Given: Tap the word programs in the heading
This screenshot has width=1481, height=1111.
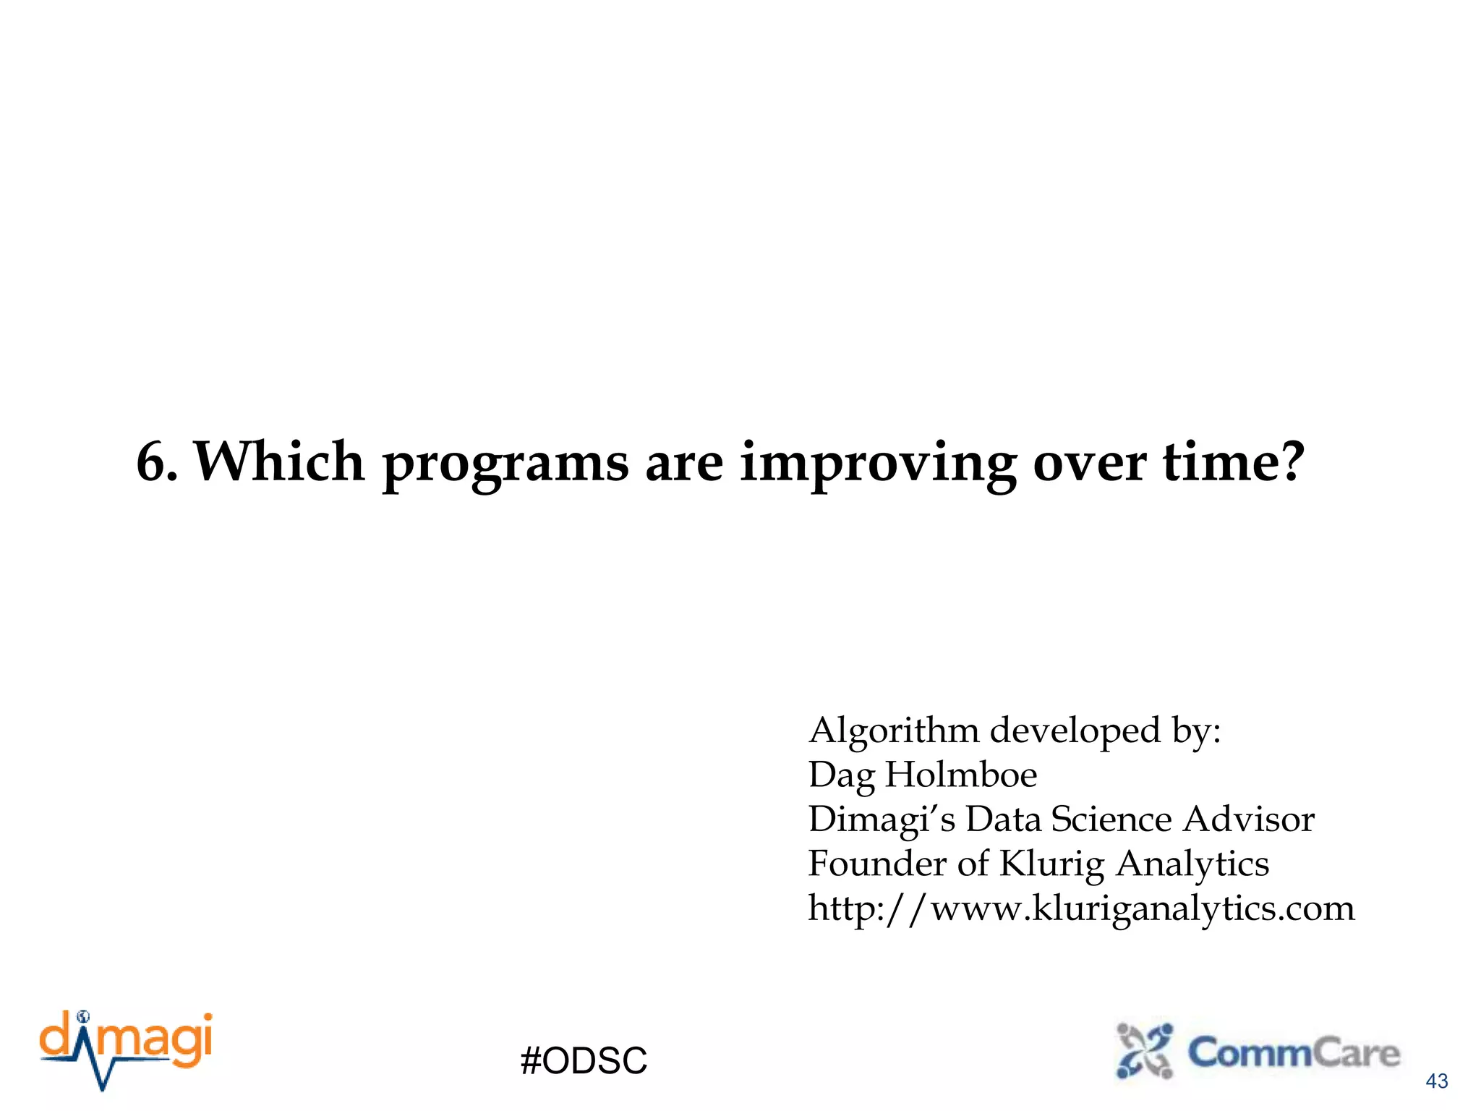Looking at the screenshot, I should click(x=505, y=464).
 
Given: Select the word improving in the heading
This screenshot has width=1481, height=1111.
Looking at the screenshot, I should click(x=878, y=464).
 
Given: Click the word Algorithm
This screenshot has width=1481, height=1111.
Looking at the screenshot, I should click(x=893, y=731).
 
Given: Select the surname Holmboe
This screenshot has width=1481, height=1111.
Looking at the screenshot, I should click(x=961, y=775).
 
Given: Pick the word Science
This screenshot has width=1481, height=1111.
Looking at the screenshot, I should click(x=1111, y=820).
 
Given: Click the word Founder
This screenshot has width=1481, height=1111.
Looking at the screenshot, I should click(x=876, y=864).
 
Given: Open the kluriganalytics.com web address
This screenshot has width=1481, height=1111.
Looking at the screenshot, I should click(x=1081, y=908).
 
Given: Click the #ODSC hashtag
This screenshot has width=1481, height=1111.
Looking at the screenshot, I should click(x=584, y=1061).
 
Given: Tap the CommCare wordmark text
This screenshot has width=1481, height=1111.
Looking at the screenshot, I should click(x=1294, y=1052).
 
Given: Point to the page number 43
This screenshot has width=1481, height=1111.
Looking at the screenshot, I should click(x=1436, y=1081).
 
